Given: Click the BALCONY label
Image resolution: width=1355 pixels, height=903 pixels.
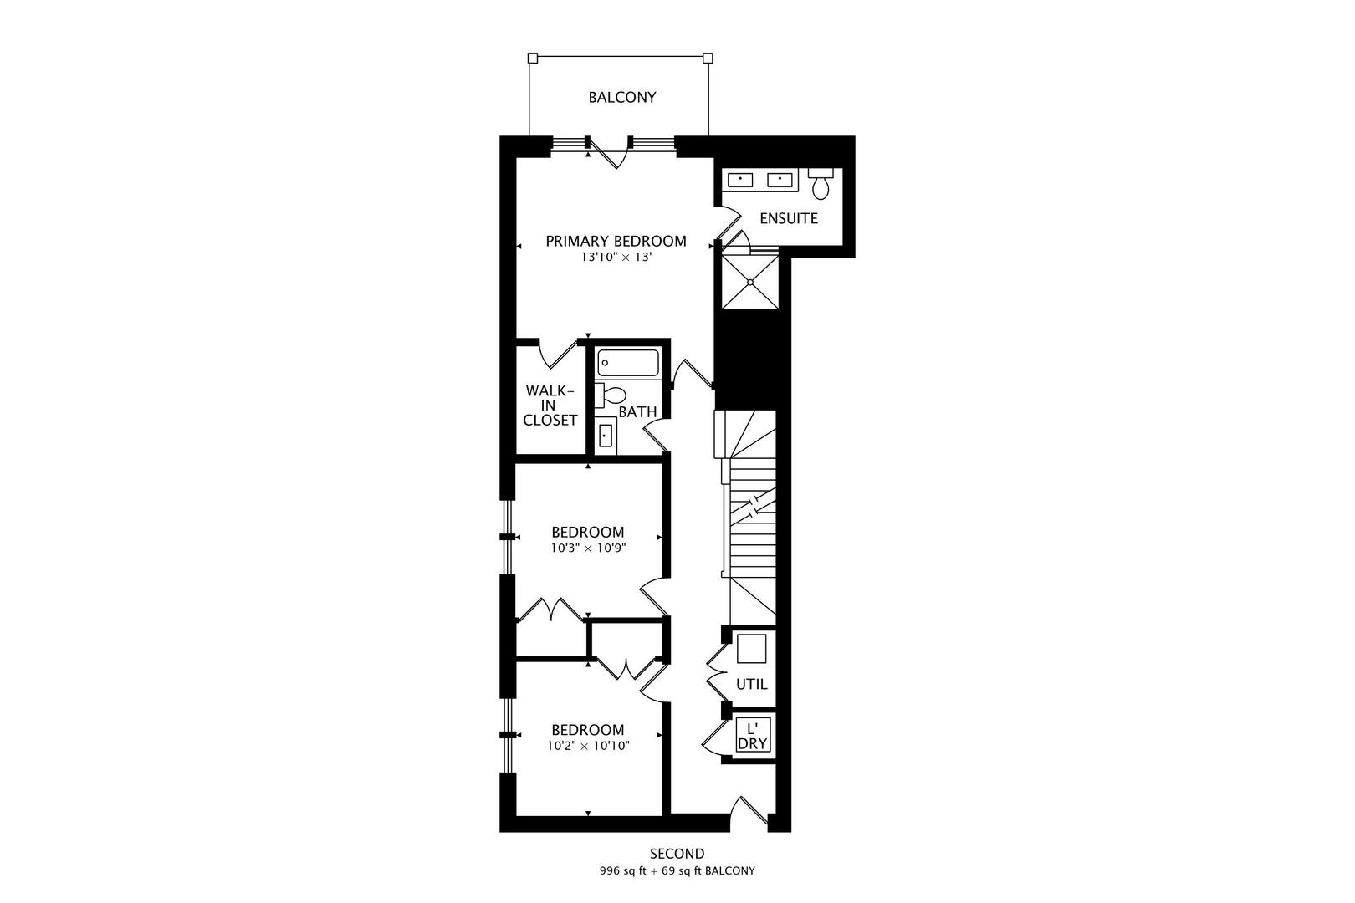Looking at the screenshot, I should coord(621,97).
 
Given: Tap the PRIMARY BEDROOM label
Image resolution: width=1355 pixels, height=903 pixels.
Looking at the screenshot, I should coord(616,242).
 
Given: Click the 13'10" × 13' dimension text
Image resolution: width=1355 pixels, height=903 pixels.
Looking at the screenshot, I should coord(616,258).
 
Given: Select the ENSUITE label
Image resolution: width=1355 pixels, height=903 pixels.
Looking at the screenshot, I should coord(788,218).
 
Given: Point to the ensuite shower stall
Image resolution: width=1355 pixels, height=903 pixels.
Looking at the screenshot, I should coord(750,282).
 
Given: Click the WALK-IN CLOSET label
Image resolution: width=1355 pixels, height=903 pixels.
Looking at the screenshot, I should coord(550,406).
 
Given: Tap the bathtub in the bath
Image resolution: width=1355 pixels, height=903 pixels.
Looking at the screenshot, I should coord(628,363).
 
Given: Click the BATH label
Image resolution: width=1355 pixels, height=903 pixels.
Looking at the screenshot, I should coord(637,412).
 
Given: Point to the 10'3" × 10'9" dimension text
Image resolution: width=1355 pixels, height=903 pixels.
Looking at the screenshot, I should coord(588,548).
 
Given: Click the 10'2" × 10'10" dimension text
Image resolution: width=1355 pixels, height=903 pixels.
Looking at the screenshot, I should coord(588,746).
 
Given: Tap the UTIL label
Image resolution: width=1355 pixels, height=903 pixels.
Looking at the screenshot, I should coord(751,684).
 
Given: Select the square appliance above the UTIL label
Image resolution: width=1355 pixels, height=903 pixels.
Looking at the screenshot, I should coord(751,650).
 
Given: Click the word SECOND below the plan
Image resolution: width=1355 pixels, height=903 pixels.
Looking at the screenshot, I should coord(677,854).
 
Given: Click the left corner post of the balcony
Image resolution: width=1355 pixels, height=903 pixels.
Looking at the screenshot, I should coord(532,58).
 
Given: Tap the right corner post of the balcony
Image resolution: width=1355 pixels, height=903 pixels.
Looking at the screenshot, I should coord(708,58).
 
